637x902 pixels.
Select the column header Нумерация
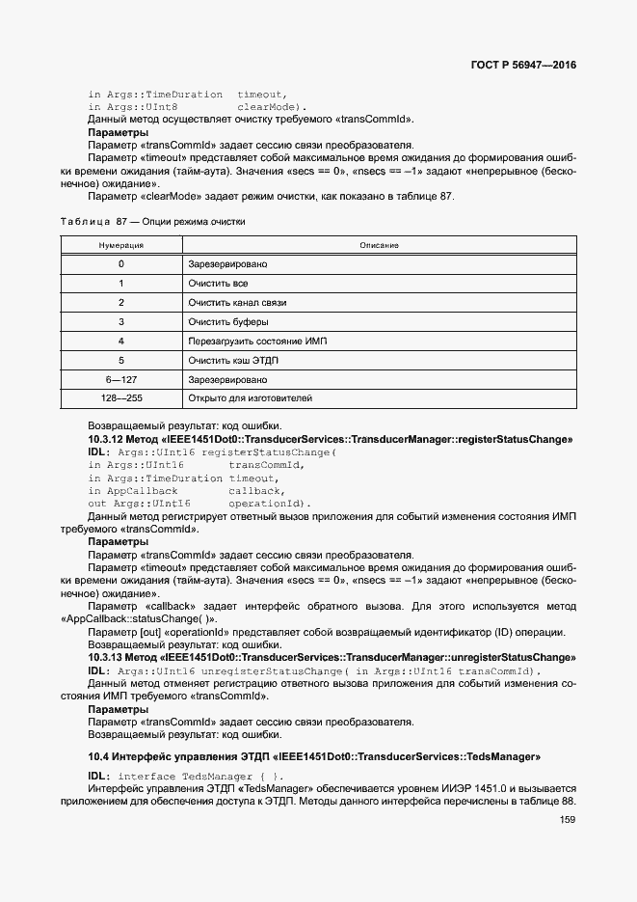click(120, 246)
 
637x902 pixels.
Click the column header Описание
click(379, 246)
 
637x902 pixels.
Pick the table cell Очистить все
click(218, 284)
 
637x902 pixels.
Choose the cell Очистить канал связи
click(237, 303)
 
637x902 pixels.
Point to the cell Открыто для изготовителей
click(250, 397)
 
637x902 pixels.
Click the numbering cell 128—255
click(120, 397)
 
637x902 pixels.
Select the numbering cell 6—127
click(120, 379)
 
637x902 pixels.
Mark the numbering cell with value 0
click(120, 264)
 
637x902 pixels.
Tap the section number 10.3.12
click(108, 439)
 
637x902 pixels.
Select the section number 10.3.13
click(108, 658)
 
